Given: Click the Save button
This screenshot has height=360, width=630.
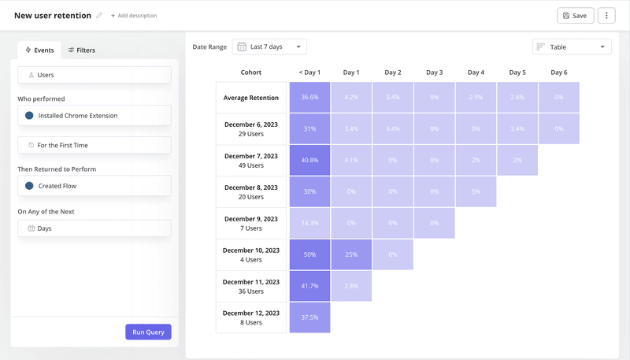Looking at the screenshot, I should tap(575, 16).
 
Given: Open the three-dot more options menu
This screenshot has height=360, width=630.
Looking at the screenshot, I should tap(606, 16).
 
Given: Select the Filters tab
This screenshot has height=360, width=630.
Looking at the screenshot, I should tap(81, 50).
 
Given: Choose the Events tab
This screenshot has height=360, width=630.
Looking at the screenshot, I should tap(39, 50).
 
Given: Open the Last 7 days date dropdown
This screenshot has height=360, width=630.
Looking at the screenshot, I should tap(269, 47).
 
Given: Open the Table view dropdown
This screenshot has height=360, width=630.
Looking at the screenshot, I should tap(572, 47).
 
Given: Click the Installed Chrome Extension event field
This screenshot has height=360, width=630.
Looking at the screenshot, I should tap(94, 116).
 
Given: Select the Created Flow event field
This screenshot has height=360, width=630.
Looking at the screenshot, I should tap(94, 186).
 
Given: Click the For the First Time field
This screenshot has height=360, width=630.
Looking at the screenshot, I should tap(94, 146).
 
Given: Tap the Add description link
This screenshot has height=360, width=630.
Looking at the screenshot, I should tap(133, 16).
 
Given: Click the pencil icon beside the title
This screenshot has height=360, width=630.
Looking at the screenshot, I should tap(99, 16).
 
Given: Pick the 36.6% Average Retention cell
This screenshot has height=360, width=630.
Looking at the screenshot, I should tap(309, 98).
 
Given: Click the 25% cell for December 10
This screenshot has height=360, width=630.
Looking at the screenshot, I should tap(351, 255).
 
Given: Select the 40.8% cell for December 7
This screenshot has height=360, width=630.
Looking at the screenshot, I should tap(309, 161).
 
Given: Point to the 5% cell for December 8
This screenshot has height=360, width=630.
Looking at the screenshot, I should tap(476, 192).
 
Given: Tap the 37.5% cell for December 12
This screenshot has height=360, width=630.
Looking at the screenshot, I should tap(309, 317).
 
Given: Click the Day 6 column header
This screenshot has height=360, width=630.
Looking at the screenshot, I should tap(558, 72).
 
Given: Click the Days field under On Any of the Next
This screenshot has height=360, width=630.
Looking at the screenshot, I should tap(94, 228).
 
